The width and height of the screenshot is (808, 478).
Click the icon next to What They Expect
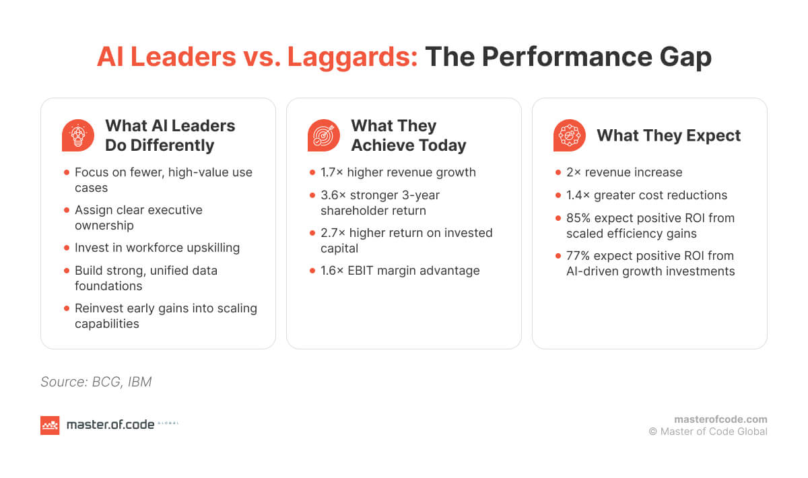570,135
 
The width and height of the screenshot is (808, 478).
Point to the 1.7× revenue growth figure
332,172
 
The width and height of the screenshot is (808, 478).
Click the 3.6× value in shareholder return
333,195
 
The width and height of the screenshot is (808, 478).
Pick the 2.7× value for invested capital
333,233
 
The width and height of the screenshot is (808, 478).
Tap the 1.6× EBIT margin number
333,271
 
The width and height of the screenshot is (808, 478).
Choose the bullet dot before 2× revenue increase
558,173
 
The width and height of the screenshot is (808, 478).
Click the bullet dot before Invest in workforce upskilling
66,248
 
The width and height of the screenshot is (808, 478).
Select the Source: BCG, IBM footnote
96,382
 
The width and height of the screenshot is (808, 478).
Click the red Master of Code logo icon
50,425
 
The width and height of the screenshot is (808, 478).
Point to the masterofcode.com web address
720,419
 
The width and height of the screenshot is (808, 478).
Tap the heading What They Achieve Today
408,135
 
